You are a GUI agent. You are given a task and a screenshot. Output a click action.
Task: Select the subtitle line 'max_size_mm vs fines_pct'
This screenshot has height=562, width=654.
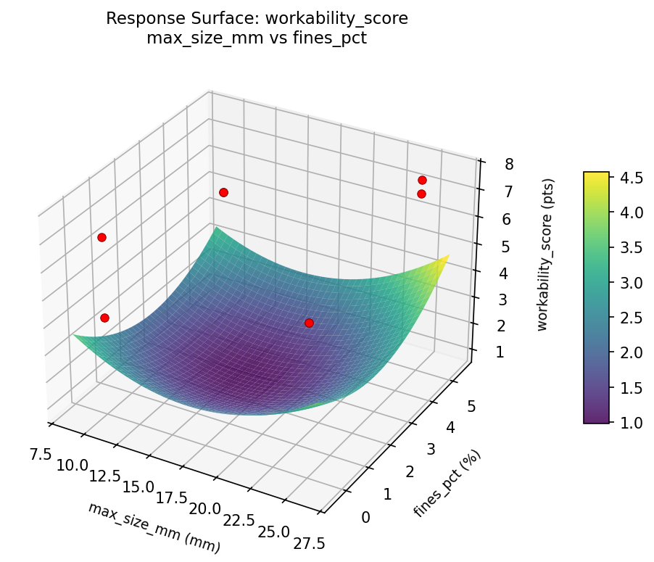tap(257, 38)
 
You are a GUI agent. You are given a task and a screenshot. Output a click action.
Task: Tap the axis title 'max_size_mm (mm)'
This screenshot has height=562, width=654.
tap(154, 527)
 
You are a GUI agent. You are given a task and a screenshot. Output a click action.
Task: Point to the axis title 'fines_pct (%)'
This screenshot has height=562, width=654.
tap(447, 483)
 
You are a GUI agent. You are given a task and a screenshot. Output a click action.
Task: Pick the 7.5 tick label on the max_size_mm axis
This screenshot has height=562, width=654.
tap(41, 455)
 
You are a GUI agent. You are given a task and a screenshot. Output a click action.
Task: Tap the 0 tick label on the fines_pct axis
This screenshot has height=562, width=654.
tap(365, 517)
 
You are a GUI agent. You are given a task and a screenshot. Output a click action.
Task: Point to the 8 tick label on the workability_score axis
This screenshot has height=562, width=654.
tap(510, 165)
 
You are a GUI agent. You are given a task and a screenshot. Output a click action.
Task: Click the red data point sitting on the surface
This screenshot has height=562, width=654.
tap(309, 323)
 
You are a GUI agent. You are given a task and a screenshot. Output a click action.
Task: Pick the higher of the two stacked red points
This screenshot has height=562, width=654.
tap(422, 180)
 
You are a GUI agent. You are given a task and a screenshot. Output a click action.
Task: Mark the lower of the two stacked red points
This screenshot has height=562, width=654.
tap(421, 194)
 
